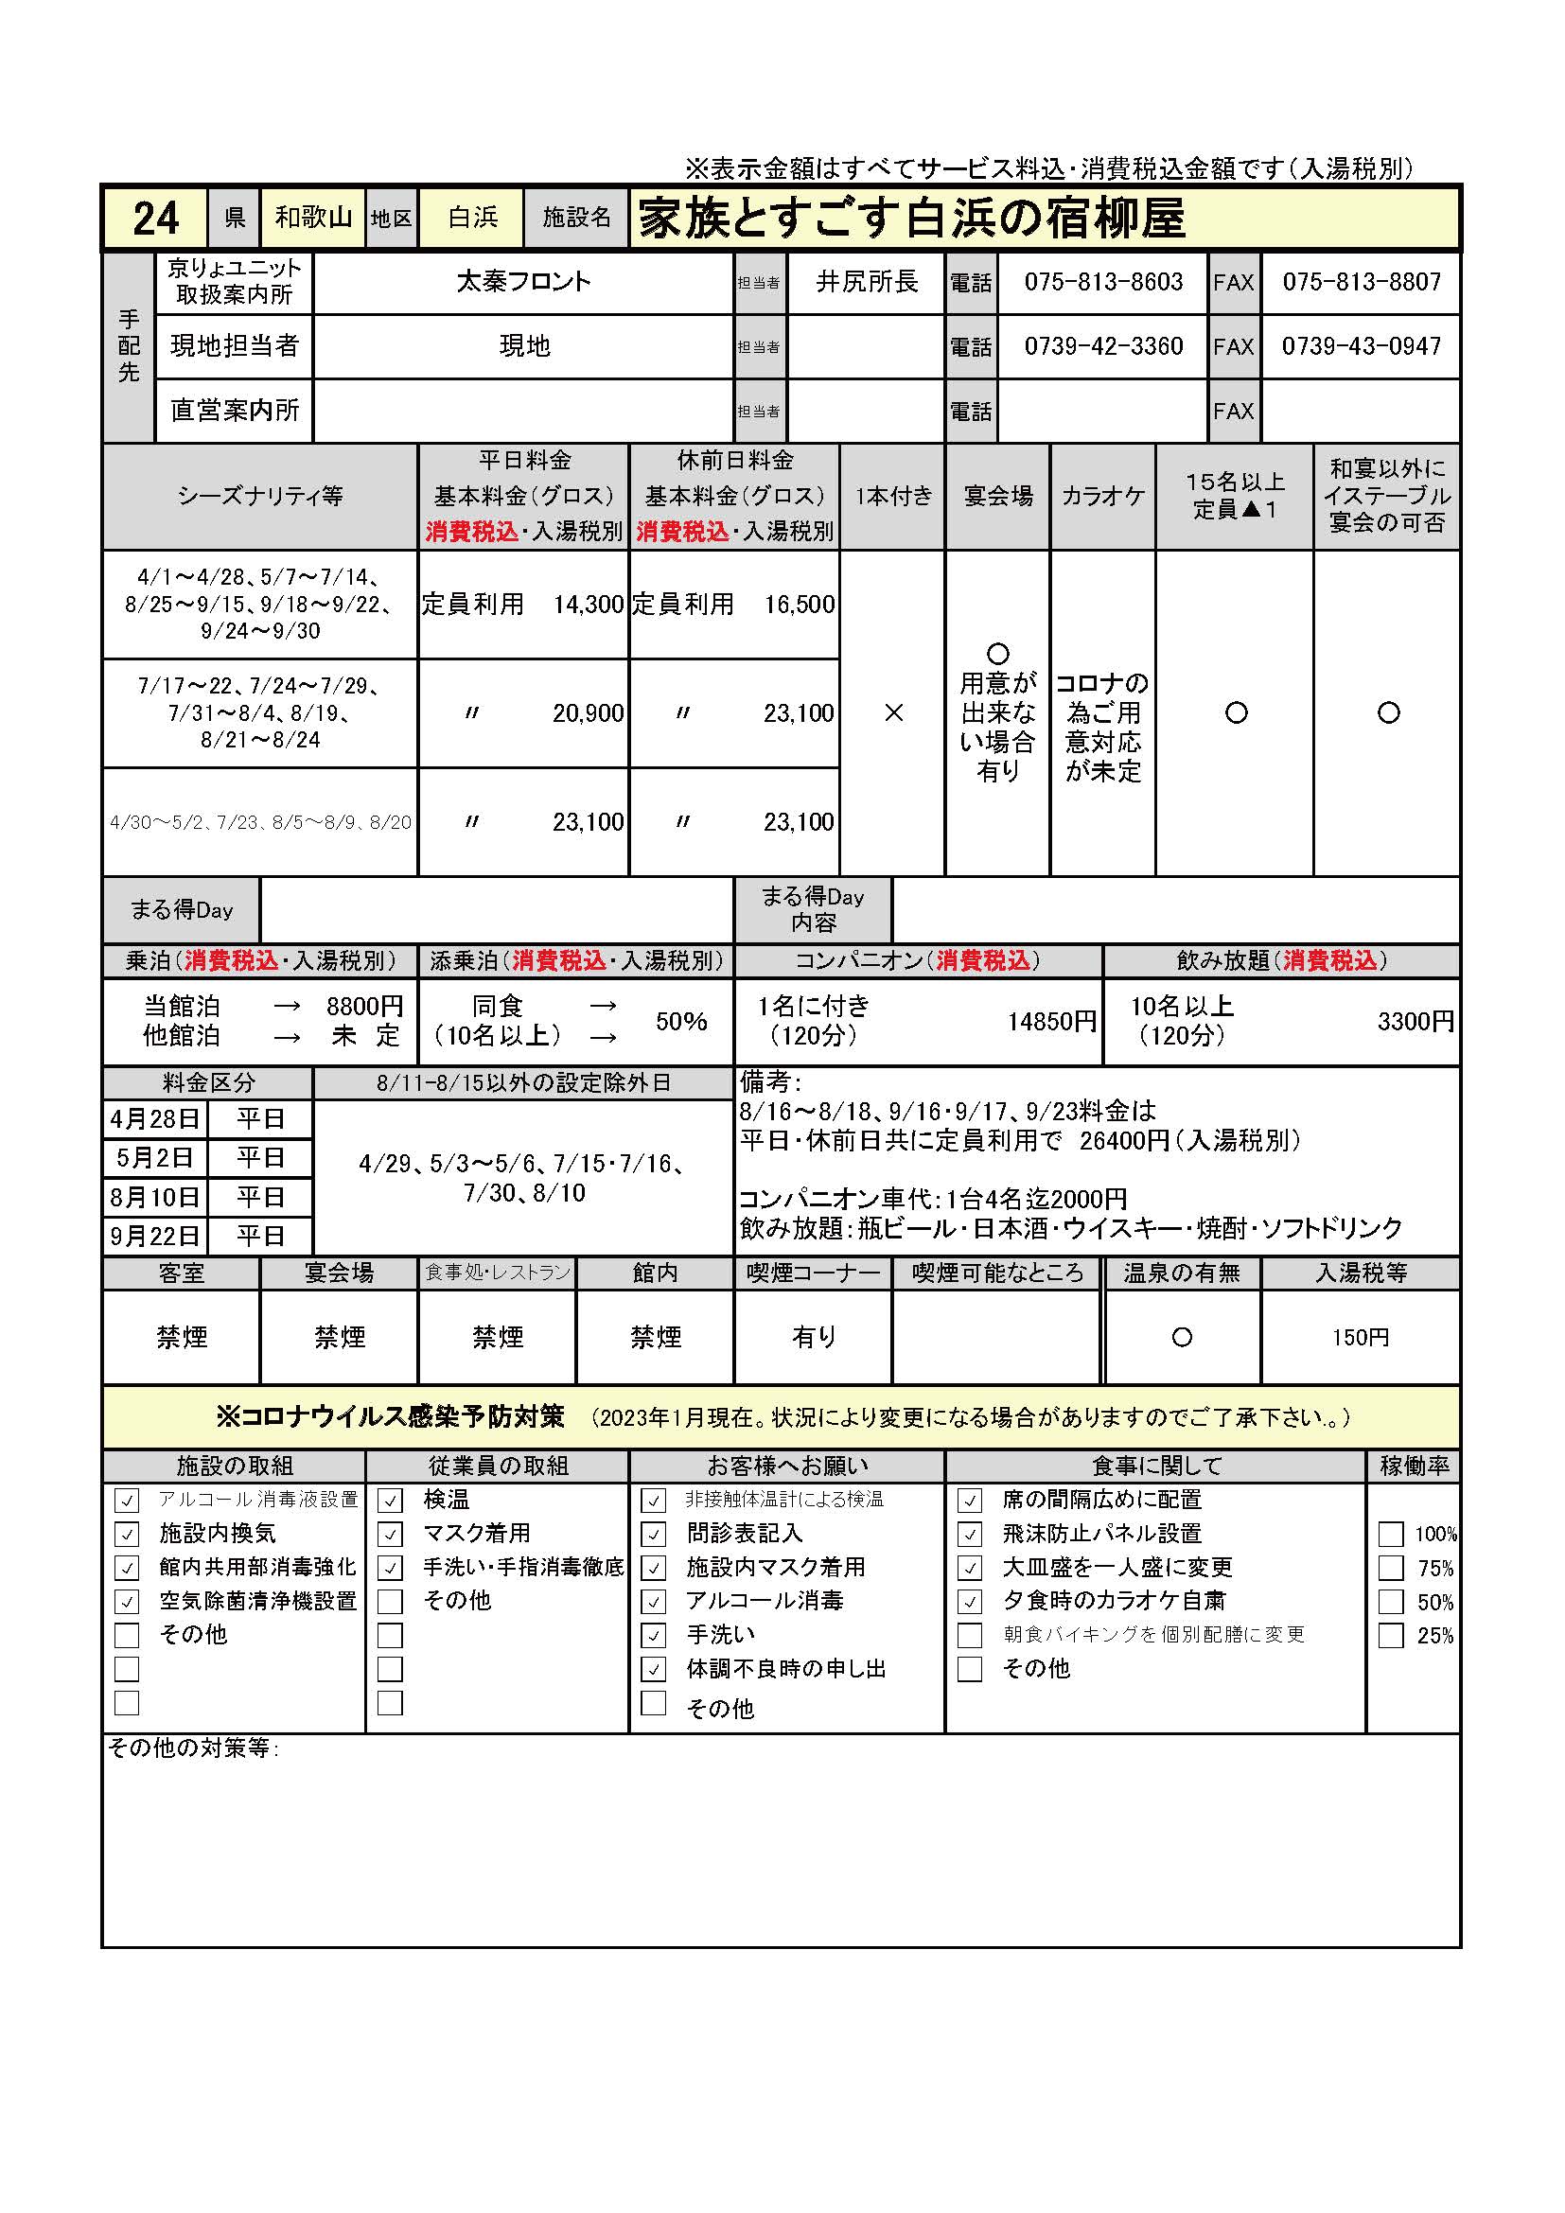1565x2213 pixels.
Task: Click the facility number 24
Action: pos(155,219)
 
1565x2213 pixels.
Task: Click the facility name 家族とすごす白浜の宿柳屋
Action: pos(910,219)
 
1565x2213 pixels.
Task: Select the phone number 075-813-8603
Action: pos(1103,281)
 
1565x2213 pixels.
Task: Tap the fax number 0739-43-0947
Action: pos(1361,346)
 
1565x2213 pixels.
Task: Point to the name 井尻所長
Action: pos(867,281)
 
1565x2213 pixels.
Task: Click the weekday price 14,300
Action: pos(588,605)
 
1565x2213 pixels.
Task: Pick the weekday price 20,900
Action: pos(588,713)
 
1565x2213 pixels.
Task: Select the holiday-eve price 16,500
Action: pos(799,605)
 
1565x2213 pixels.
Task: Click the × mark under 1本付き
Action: pos(893,713)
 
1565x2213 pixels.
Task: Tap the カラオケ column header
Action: pos(1103,497)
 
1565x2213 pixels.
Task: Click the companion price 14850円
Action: pos(1051,1022)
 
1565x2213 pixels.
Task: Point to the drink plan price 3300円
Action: pos(1416,1022)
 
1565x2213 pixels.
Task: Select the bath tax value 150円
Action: pos(1360,1338)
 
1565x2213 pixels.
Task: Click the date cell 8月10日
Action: pos(155,1197)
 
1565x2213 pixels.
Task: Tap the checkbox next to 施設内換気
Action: pos(127,1535)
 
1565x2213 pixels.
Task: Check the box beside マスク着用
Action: pos(390,1535)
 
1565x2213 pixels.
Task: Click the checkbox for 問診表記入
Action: pos(654,1535)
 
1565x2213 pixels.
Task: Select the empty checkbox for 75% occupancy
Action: pos(1391,1568)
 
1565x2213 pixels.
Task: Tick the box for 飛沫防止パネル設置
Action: pos(970,1535)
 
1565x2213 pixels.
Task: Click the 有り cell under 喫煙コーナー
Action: pos(814,1337)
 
